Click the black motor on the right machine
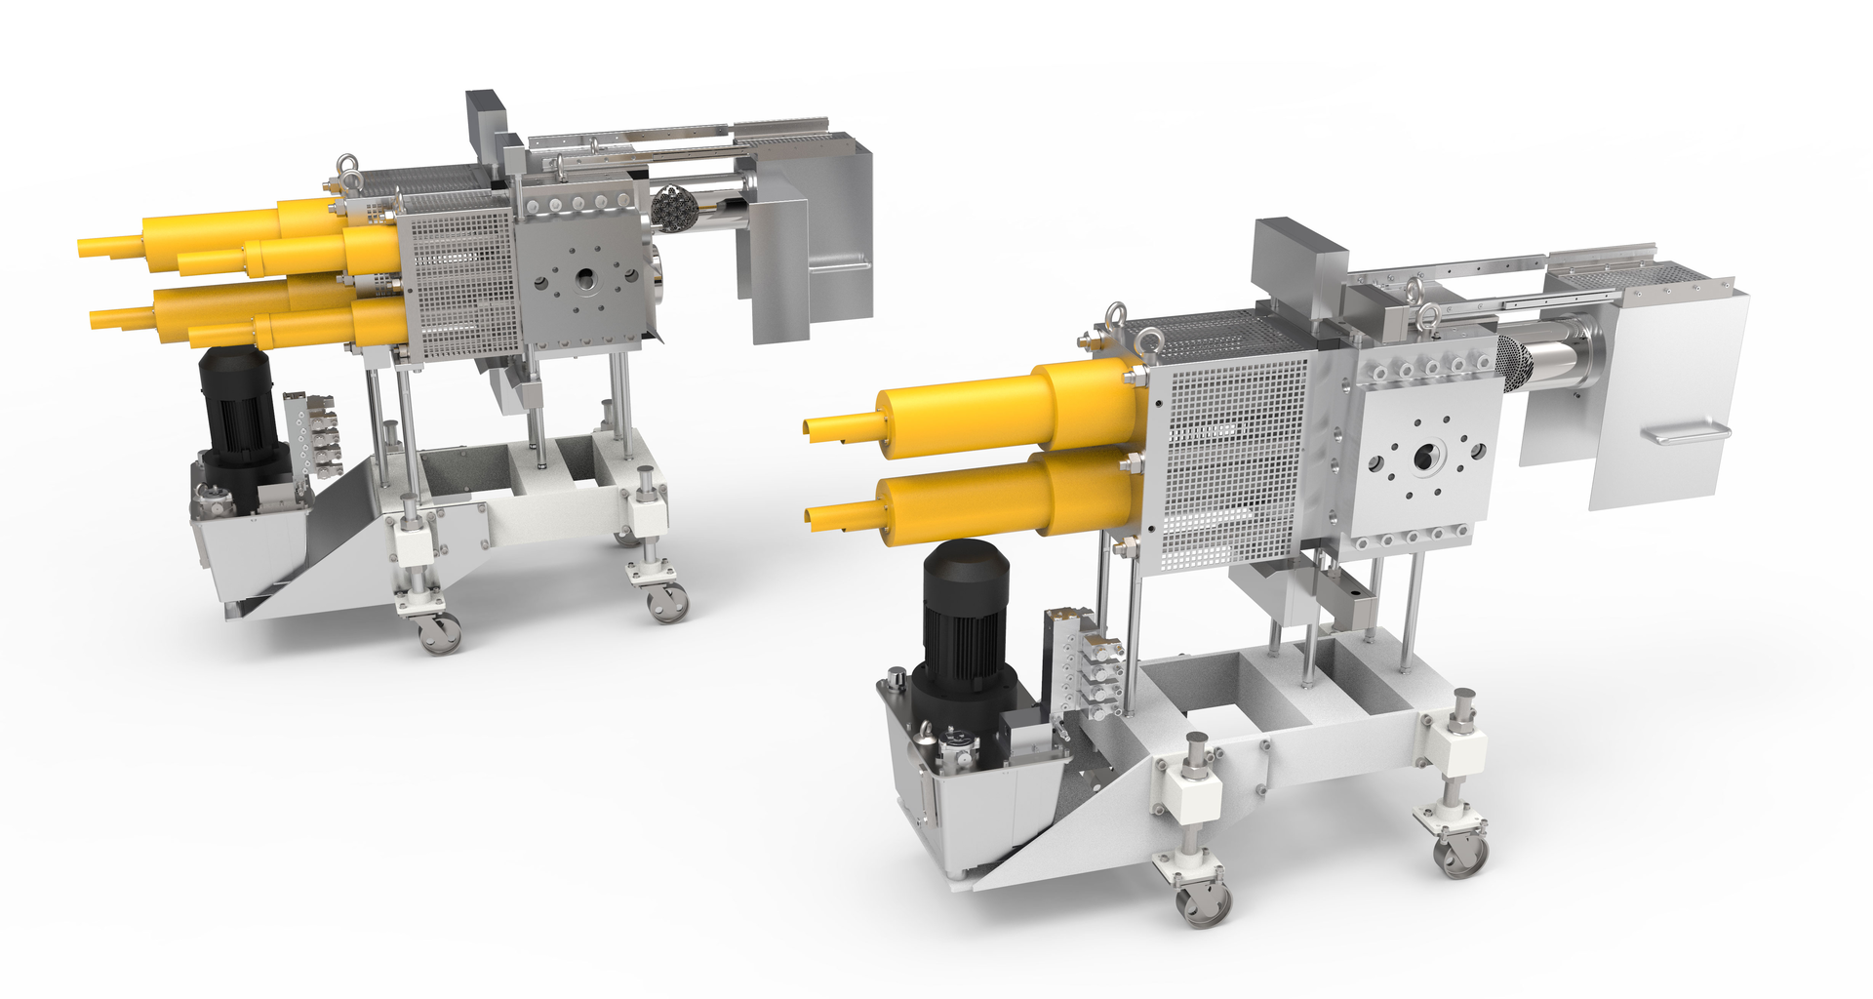[966, 624]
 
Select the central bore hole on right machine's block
[1425, 456]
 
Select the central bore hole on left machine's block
[586, 279]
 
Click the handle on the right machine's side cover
[1684, 433]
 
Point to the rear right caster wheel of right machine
[1460, 855]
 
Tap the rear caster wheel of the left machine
[668, 603]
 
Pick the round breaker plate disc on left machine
[672, 208]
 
